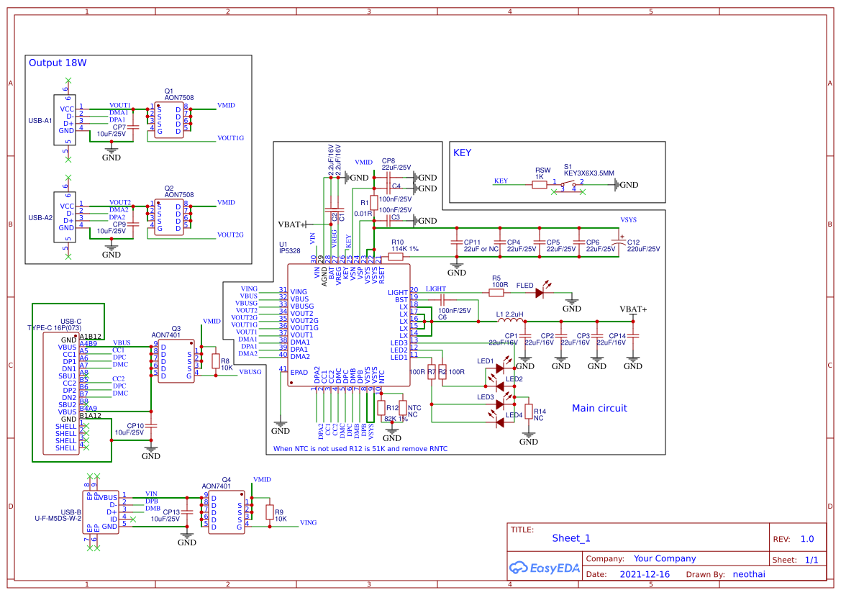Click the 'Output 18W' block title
click(58, 63)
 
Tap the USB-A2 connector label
click(40, 217)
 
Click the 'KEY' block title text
click(462, 153)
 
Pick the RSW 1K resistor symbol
click(540, 185)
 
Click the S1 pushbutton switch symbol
click(568, 186)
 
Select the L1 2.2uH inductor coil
click(510, 321)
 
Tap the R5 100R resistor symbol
click(496, 292)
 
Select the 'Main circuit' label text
click(599, 409)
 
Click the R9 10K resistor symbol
click(270, 512)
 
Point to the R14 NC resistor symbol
click(529, 412)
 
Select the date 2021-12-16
click(644, 575)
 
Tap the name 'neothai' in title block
click(748, 575)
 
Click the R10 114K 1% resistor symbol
click(396, 256)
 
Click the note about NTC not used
click(360, 449)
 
